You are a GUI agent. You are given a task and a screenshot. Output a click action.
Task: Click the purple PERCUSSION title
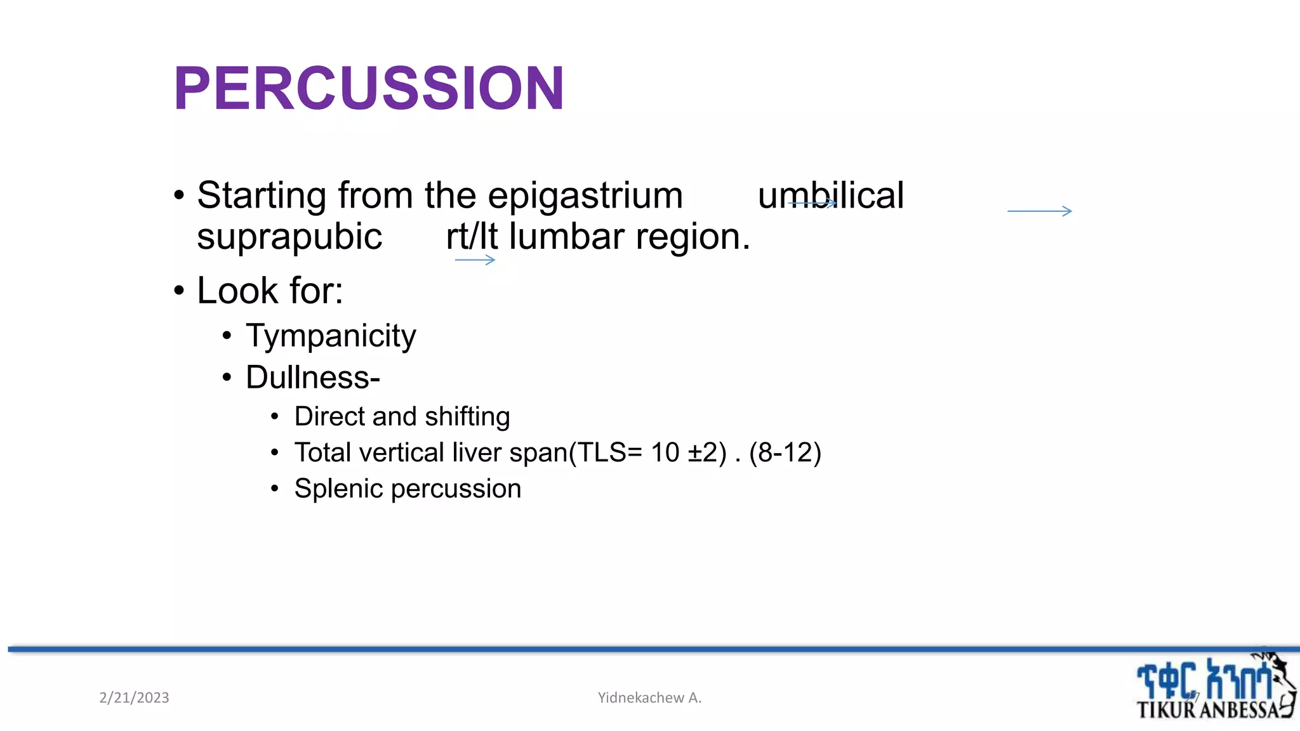point(368,88)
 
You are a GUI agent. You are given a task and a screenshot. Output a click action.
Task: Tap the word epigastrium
point(585,195)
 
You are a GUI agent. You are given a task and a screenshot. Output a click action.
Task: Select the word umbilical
point(830,195)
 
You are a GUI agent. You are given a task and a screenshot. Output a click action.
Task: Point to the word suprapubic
point(289,237)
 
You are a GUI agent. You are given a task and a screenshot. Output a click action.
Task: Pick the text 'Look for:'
point(270,291)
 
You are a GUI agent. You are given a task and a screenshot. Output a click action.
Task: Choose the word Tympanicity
point(331,336)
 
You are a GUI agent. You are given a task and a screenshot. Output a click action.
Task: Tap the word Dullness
point(309,378)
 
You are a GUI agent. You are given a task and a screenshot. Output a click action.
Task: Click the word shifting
point(467,417)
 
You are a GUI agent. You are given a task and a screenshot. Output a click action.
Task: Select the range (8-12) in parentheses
point(785,452)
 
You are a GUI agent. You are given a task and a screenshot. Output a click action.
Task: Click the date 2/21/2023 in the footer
point(134,698)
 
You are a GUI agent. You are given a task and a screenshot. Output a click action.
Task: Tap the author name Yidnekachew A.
point(649,698)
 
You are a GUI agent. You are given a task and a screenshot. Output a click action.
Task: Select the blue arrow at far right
point(1040,211)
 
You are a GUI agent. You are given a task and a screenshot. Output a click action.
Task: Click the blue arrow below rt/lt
point(475,260)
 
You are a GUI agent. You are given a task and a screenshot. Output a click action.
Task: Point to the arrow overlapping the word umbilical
point(812,203)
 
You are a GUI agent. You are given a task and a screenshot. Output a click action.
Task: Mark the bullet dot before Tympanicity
point(227,336)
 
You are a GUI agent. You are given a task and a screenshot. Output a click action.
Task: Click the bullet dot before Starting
point(179,196)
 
